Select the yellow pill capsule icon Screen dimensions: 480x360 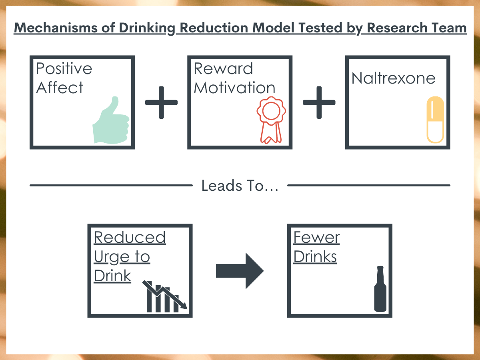435,120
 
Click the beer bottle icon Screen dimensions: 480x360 380,289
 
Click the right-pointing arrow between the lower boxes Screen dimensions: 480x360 240,271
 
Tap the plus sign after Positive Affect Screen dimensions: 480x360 161,102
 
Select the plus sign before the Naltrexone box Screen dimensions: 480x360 319,102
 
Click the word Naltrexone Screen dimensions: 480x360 394,78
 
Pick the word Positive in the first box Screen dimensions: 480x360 64,68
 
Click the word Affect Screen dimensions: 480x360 60,87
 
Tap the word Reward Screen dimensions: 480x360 223,68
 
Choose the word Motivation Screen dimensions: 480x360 234,87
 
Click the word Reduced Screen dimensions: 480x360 130,237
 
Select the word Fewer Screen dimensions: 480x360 316,237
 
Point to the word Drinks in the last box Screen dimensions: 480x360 315,256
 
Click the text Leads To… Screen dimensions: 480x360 240,185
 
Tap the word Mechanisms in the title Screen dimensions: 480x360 56,28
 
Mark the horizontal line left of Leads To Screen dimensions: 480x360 111,185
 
